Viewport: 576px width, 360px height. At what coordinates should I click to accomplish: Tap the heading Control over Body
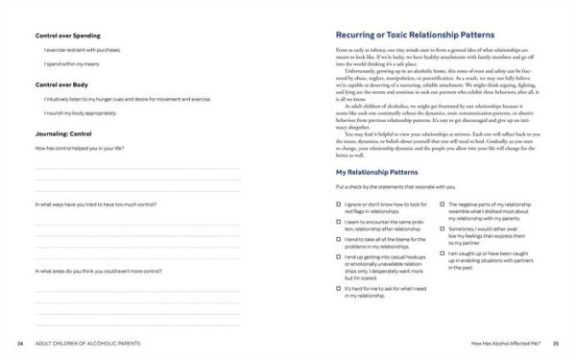tap(63, 84)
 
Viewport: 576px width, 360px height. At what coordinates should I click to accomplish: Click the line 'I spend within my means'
tap(74, 64)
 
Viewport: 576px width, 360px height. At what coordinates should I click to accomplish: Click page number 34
tap(21, 342)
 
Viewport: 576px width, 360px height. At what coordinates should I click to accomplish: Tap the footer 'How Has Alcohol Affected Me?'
tap(492, 342)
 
